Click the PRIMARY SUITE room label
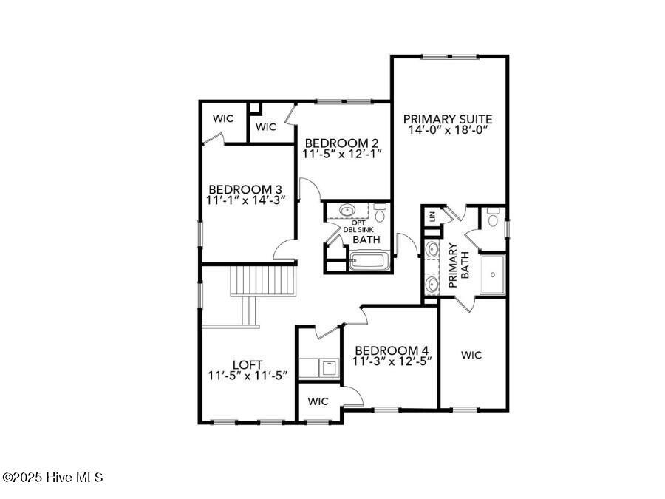448,118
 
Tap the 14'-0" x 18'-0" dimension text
448,129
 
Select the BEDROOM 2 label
341,143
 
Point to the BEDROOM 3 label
245,189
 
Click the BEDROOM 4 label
392,350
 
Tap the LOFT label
247,364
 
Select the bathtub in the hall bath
367,260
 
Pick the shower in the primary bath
492,274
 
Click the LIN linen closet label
430,217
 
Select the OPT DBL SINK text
358,226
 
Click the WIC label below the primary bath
471,355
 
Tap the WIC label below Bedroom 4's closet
318,401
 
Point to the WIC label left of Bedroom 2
266,126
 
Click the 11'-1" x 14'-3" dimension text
245,200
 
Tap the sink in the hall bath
346,211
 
